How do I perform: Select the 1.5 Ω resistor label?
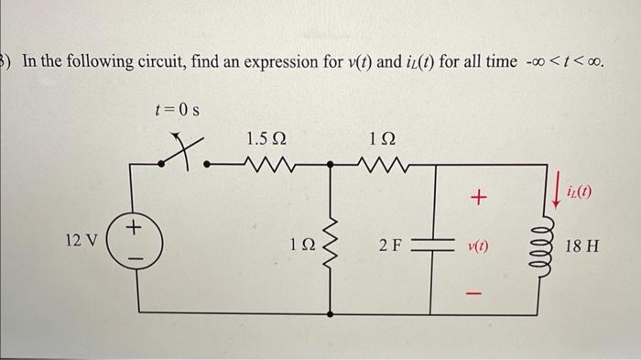tap(265, 138)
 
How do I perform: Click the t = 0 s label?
tap(177, 112)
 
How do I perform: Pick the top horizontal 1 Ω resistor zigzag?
tap(379, 166)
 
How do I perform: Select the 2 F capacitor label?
tap(391, 245)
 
